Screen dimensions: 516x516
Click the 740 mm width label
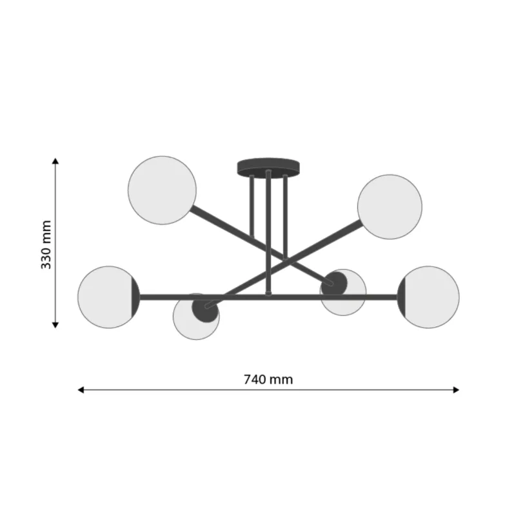[268, 379]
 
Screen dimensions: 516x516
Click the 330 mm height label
[46, 244]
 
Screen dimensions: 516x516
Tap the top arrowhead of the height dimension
[55, 161]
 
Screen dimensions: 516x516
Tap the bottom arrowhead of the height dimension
[55, 325]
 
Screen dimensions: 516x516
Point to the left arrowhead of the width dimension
[81, 390]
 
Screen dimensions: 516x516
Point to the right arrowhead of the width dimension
[456, 390]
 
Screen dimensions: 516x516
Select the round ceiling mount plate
[268, 166]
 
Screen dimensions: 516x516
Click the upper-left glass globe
[163, 190]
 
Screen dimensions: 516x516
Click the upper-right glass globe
[390, 207]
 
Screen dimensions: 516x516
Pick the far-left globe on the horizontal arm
[108, 297]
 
